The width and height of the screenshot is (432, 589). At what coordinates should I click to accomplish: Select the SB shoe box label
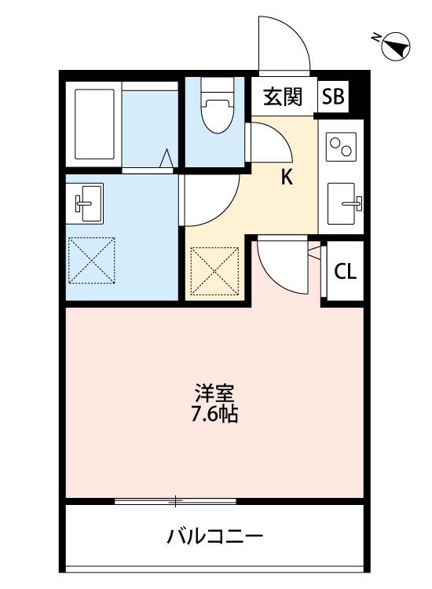pyautogui.click(x=332, y=97)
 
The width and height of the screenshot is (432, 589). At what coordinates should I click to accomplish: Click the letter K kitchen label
pyautogui.click(x=287, y=177)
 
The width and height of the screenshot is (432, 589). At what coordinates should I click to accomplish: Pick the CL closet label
pyautogui.click(x=346, y=272)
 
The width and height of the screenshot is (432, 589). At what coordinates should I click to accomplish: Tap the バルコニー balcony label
pyautogui.click(x=214, y=537)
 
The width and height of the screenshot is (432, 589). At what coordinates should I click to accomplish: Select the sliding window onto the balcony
pyautogui.click(x=175, y=500)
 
